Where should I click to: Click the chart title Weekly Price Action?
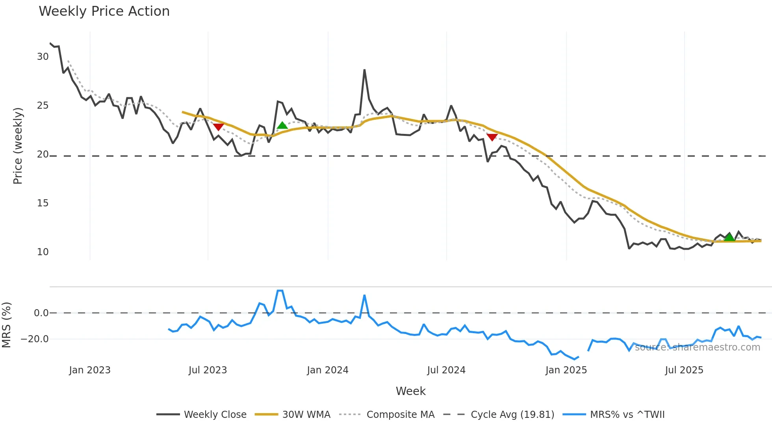pos(104,11)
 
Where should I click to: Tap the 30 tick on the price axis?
pos(43,57)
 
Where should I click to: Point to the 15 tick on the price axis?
pos(43,203)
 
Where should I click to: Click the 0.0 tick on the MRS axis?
pos(41,313)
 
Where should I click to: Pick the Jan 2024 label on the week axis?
pos(328,370)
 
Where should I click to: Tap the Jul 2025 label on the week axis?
pos(684,370)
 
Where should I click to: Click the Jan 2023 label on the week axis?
pos(90,370)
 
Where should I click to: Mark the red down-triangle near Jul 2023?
pos(219,127)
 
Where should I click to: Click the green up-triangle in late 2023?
pos(282,126)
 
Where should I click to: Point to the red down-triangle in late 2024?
pos(492,137)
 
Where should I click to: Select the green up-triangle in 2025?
pos(729,237)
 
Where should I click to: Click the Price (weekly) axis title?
pos(18,146)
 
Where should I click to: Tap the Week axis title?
pos(410,391)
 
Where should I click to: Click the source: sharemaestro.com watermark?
pos(698,347)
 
